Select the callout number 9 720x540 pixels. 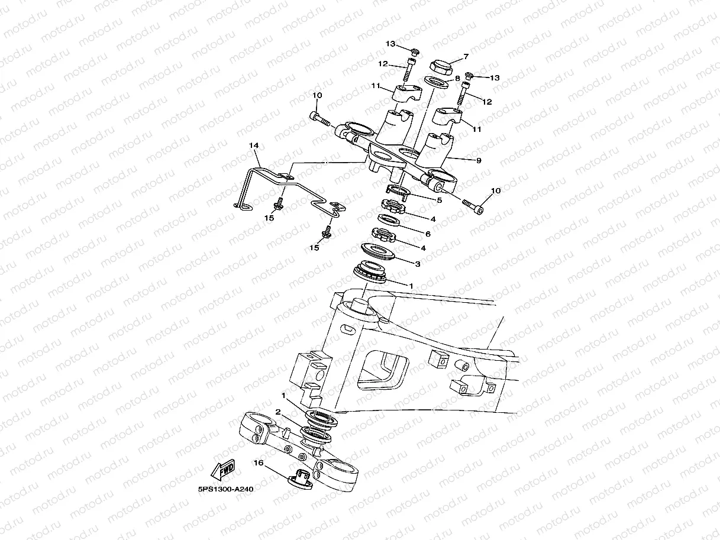click(479, 161)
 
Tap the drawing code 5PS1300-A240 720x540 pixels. click(225, 489)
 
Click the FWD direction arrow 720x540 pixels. click(222, 470)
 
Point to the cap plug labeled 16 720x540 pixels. click(300, 479)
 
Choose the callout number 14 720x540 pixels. click(254, 145)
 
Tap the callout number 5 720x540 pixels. click(439, 201)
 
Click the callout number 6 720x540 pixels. click(428, 234)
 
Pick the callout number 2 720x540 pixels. click(278, 412)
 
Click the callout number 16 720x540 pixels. click(259, 463)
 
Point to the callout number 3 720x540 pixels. click(418, 264)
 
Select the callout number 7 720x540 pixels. click(466, 57)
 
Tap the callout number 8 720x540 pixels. click(457, 79)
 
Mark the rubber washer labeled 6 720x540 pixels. click(389, 220)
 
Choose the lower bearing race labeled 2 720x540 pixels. click(316, 435)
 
